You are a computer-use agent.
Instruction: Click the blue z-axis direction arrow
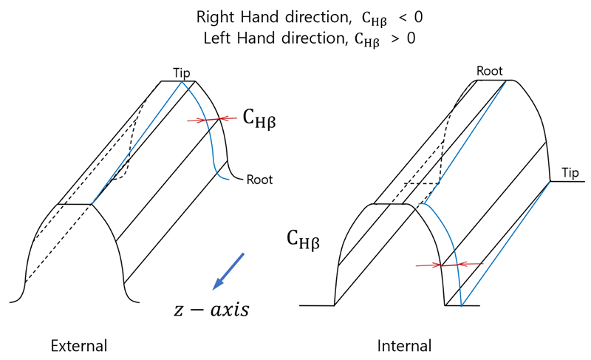point(229,271)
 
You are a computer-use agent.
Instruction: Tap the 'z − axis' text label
point(211,309)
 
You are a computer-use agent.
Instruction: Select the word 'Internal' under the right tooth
point(404,345)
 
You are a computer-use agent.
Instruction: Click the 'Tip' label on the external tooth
point(182,72)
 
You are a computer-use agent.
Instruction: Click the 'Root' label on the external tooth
point(259,178)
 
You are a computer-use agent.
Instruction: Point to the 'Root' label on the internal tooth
point(489,71)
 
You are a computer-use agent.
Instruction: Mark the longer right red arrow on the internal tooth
point(470,263)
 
